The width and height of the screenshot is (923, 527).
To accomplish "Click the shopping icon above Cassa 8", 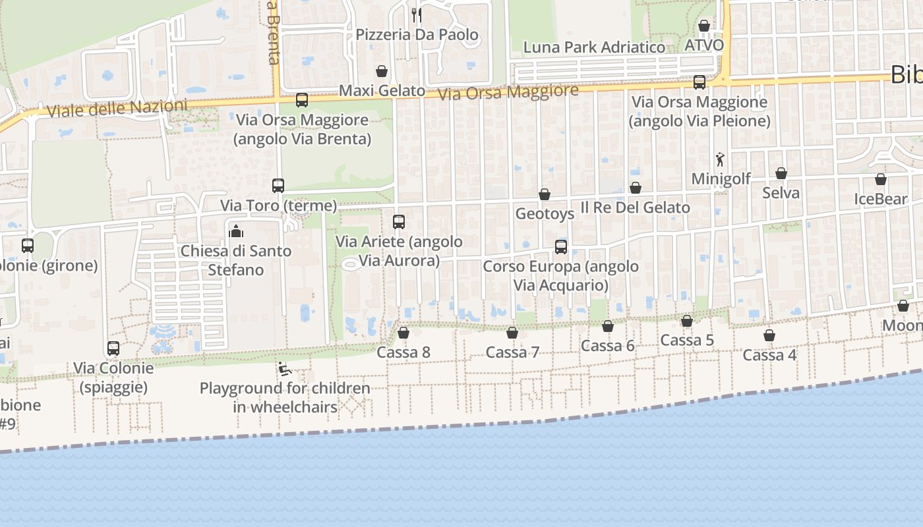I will pos(403,333).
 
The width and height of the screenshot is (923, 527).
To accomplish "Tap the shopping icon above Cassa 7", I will pos(512,333).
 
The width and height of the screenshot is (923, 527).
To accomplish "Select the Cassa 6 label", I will pos(607,346).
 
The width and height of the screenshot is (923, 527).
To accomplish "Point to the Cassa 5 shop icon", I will pos(687,321).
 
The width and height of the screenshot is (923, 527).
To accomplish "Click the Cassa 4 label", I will pos(769,355).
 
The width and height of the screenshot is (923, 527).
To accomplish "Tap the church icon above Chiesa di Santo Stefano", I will pos(236,231).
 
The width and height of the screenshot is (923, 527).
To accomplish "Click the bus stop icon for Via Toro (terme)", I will pos(278,186).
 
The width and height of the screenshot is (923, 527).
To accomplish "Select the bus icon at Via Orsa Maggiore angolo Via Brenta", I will pos(302,100).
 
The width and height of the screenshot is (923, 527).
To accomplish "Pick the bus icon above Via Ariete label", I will pos(399,222).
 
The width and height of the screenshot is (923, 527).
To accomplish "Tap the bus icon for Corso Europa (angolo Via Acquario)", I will pos(561,247).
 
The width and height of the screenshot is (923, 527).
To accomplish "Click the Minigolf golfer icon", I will pos(720,159).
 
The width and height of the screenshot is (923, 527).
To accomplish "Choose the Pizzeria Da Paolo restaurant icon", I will pos(417,14).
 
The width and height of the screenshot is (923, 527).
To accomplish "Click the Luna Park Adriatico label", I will pos(594,47).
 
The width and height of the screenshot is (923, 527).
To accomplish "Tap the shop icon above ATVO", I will pos(704,26).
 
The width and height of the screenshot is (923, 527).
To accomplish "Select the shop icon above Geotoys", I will pos(545,194).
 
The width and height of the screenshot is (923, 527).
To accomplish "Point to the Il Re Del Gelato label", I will pos(635,208).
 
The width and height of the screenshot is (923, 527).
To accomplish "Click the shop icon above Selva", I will pos(781,173).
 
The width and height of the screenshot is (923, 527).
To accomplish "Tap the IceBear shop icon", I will pos(881,179).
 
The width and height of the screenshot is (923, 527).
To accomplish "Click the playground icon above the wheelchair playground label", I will pos(285,369).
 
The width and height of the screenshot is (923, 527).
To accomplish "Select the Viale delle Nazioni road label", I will pos(117,108).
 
